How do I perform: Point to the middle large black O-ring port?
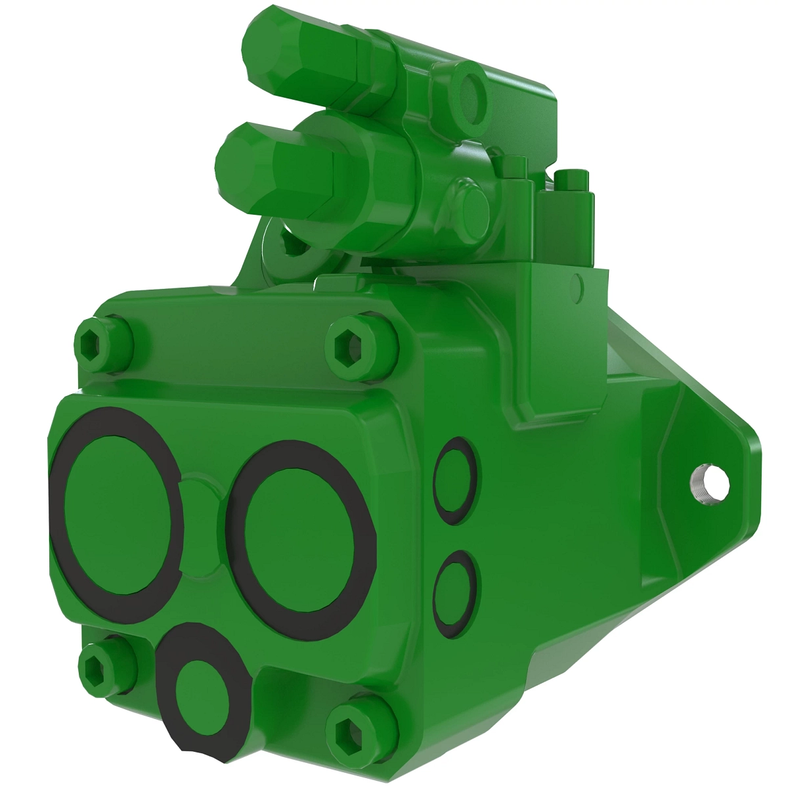299,539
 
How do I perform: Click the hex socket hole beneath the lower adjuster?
289,244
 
